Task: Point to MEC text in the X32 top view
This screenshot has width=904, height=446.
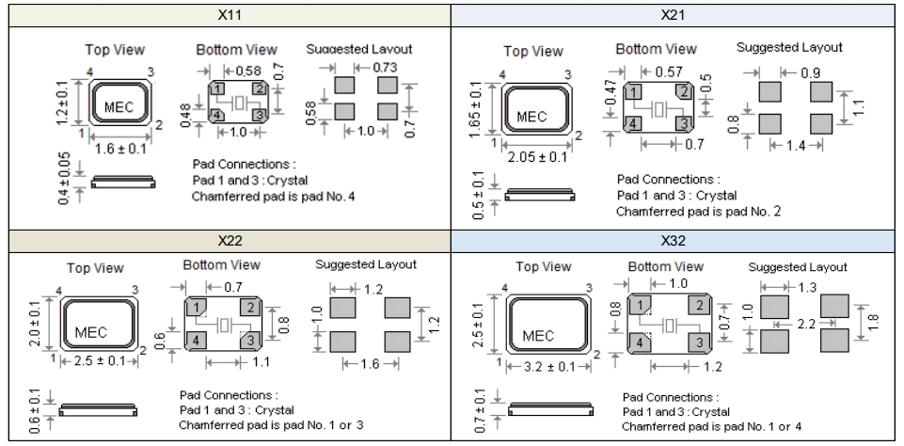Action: coord(538,335)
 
